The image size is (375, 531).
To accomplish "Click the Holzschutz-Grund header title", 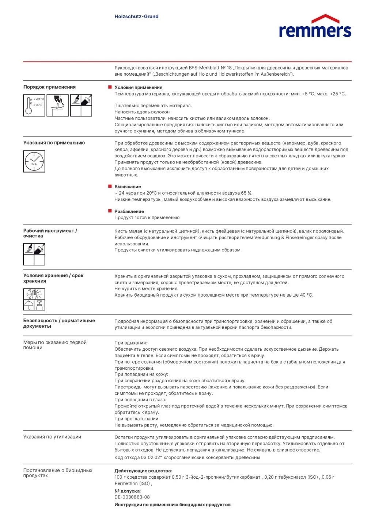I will click(x=136, y=16).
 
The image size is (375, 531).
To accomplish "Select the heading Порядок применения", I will click(x=49, y=87).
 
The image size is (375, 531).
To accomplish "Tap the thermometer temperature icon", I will click(x=34, y=106).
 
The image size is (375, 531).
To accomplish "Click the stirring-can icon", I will click(x=57, y=106).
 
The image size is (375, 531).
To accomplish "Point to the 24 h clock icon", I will click(x=34, y=161).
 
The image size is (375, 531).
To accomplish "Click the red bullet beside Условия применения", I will click(x=110, y=87).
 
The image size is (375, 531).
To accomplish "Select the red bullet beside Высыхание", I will click(x=110, y=186).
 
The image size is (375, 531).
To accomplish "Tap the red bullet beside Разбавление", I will click(x=110, y=211).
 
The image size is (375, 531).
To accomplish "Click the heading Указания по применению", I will click(x=54, y=143).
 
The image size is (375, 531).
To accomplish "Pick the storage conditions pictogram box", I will click(x=34, y=299).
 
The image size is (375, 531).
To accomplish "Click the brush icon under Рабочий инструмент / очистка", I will click(x=29, y=249).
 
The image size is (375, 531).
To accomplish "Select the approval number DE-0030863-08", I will click(x=132, y=497).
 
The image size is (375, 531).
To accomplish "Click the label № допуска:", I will click(x=128, y=491).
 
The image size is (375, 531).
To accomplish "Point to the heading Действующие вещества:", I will click(x=143, y=471).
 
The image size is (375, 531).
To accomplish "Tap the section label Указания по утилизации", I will click(x=52, y=437).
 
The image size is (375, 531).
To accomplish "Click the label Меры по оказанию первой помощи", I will click(x=55, y=345).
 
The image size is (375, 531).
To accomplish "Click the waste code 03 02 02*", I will click(x=151, y=457).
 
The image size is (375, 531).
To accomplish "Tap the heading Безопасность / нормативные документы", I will click(x=59, y=323).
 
